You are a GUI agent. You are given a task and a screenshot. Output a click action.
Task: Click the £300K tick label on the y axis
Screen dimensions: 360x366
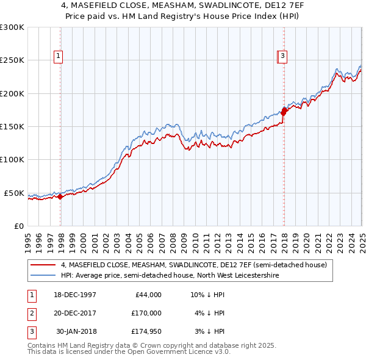(x=12, y=27)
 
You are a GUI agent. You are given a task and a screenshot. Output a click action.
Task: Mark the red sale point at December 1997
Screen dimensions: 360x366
(x=60, y=197)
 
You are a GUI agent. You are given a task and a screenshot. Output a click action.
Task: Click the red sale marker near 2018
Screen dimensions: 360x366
(x=284, y=111)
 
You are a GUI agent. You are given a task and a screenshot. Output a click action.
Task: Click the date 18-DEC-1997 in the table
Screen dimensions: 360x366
(x=76, y=295)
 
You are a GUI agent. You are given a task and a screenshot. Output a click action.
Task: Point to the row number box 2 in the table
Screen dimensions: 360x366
(x=31, y=313)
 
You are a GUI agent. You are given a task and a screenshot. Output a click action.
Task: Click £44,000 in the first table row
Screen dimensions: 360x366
(x=147, y=295)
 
